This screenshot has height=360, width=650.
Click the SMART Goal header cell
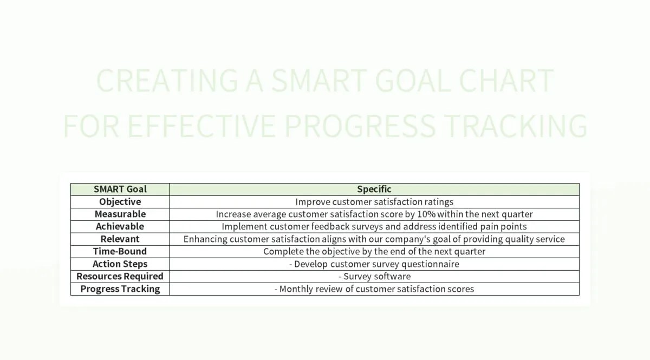(120, 189)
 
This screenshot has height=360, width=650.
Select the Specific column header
(374, 189)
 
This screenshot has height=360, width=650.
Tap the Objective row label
(120, 201)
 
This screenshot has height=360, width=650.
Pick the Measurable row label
(120, 214)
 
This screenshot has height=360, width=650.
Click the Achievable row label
(120, 226)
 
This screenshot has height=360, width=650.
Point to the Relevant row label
(120, 239)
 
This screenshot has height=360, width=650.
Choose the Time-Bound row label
(120, 251)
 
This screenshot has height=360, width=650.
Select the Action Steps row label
(120, 264)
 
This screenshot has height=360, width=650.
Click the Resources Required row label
(120, 276)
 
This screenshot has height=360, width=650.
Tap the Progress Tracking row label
(120, 289)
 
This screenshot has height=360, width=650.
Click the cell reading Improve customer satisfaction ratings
(374, 201)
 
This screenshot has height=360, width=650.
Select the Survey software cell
(374, 276)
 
